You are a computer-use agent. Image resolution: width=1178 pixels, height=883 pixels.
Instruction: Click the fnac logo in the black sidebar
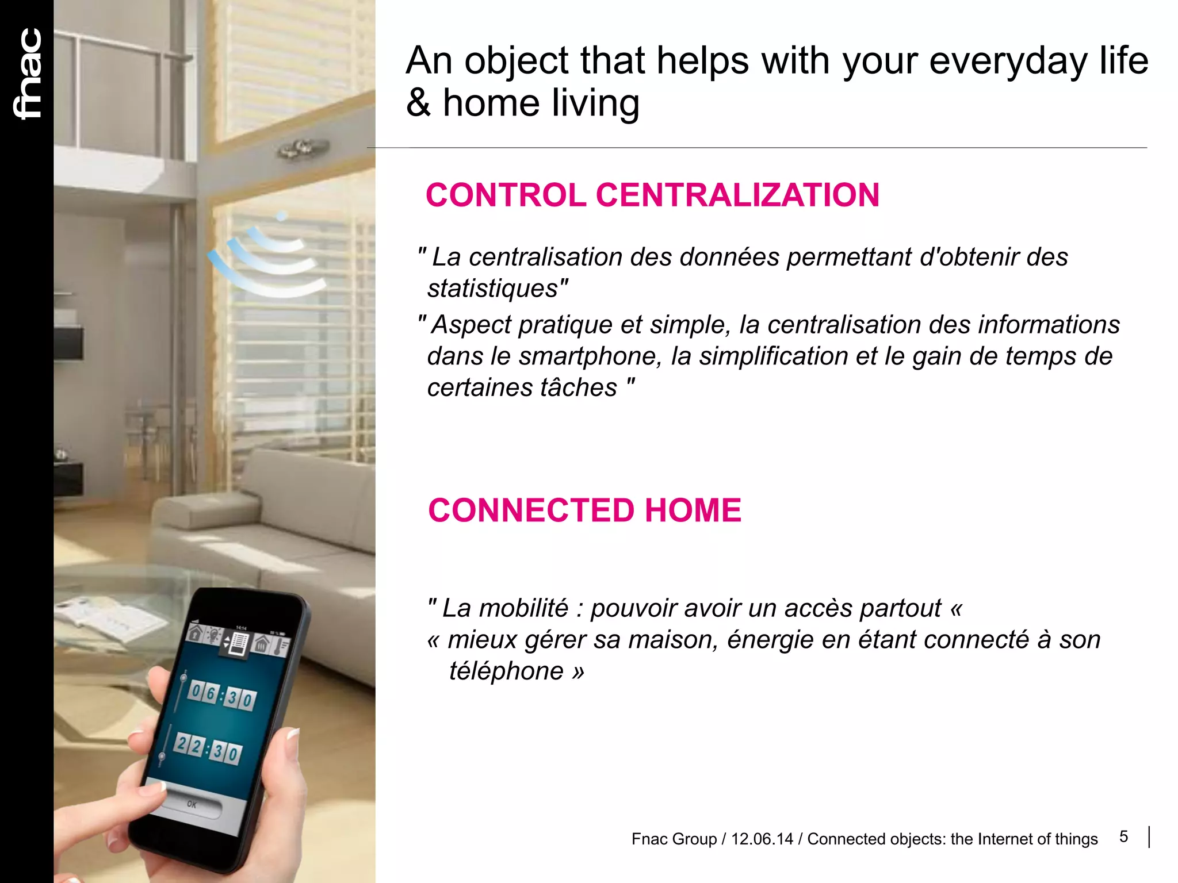pyautogui.click(x=28, y=74)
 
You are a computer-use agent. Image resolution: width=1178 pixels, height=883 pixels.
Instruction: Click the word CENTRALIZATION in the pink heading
pyautogui.click(x=737, y=195)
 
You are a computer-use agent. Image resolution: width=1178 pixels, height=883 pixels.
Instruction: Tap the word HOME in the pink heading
pyautogui.click(x=693, y=510)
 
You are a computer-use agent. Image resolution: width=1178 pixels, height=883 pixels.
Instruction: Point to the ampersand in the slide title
pyautogui.click(x=418, y=103)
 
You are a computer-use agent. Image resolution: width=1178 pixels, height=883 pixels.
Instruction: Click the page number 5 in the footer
pyautogui.click(x=1123, y=836)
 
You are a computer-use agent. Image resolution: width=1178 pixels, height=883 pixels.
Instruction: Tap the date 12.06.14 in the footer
pyautogui.click(x=762, y=839)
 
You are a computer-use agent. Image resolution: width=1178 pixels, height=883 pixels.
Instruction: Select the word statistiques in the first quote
pyautogui.click(x=494, y=289)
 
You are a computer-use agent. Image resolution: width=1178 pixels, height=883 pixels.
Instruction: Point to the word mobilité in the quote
pyautogui.click(x=523, y=608)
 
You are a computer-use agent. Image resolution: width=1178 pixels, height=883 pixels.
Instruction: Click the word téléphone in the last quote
pyautogui.click(x=506, y=671)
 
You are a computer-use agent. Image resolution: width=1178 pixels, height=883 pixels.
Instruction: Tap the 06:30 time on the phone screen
pyautogui.click(x=221, y=696)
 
